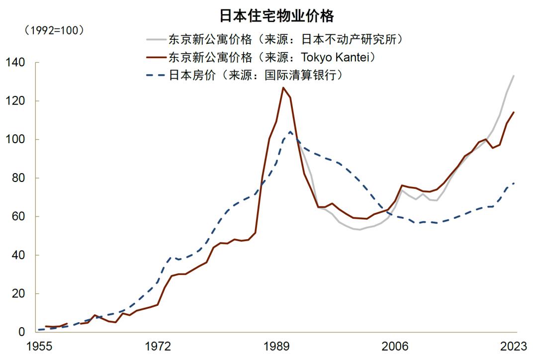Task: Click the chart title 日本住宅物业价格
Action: [276, 15]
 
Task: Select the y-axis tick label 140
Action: [15, 63]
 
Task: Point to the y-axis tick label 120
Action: [15, 101]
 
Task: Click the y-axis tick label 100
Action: [15, 140]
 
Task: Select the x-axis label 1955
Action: [40, 346]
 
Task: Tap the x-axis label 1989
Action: [277, 346]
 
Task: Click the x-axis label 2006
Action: [395, 346]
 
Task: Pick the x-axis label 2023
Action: [514, 346]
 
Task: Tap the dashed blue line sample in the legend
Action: [155, 76]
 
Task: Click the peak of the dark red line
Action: [283, 88]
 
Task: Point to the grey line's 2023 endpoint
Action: [514, 76]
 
